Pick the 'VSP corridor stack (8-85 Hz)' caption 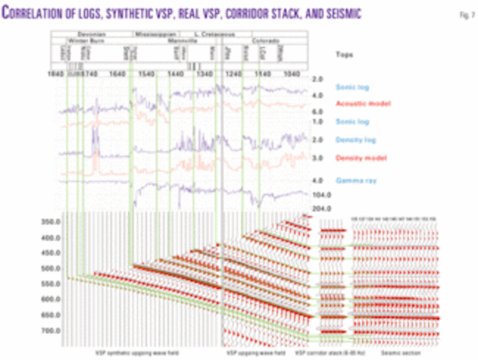[326, 350]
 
